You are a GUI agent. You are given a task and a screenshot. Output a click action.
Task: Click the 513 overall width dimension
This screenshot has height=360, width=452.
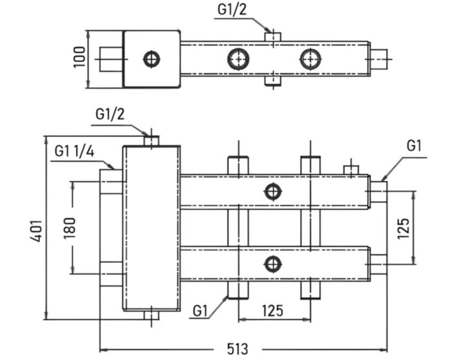click(x=238, y=348)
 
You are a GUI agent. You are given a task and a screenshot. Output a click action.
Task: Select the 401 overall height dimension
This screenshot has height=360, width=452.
click(x=36, y=229)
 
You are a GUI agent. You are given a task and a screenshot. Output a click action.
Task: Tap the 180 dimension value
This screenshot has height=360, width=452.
click(x=70, y=226)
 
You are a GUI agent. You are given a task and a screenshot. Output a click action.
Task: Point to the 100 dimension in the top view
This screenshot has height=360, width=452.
click(x=79, y=59)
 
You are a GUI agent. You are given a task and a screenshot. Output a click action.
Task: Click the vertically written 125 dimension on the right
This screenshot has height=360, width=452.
click(x=403, y=228)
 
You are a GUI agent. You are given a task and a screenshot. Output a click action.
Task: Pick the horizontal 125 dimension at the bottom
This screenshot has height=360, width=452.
click(x=272, y=311)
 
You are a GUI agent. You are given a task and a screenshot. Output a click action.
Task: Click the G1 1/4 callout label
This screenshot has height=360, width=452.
click(x=75, y=152)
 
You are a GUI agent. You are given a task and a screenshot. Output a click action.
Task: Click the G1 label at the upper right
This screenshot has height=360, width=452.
click(x=414, y=147)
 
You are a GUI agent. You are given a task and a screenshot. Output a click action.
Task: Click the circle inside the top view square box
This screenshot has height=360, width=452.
click(x=152, y=59)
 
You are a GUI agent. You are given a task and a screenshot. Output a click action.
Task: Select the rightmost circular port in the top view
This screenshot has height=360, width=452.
click(x=311, y=59)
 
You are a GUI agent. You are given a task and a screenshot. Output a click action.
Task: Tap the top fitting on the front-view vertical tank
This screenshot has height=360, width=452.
click(x=151, y=140)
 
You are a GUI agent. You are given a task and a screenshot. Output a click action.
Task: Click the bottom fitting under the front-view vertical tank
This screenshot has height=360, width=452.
click(x=151, y=316)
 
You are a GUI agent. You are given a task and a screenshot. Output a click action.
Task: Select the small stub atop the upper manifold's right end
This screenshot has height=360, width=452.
click(x=351, y=170)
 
